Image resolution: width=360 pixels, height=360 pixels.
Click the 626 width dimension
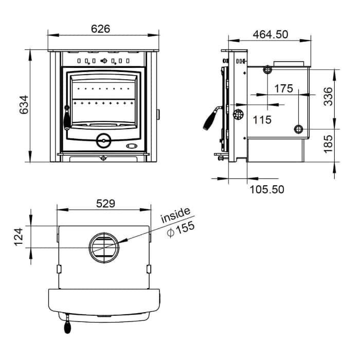(x=101, y=29)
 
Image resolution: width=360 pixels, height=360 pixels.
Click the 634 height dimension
(x=24, y=105)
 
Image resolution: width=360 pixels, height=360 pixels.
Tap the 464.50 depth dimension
(x=271, y=34)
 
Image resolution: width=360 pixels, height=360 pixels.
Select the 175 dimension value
(x=284, y=88)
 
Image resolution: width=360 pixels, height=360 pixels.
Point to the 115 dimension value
(x=262, y=120)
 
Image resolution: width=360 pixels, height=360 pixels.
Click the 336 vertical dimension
(x=328, y=97)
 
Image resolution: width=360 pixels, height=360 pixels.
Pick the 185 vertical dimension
(x=328, y=144)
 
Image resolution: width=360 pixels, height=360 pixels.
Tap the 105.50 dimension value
(x=267, y=190)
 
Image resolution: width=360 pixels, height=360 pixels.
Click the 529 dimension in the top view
(x=105, y=204)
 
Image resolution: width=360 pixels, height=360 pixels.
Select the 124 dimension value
(x=19, y=237)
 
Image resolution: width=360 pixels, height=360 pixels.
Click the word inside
(x=175, y=215)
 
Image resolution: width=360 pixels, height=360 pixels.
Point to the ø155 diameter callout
(x=181, y=229)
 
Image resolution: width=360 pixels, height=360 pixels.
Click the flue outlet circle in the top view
(x=104, y=248)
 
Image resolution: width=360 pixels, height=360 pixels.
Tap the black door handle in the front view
(x=67, y=118)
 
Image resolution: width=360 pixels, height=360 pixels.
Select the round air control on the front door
(x=103, y=140)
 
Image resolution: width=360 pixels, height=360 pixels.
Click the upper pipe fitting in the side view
(x=267, y=69)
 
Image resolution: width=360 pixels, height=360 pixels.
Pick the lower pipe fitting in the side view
(x=298, y=129)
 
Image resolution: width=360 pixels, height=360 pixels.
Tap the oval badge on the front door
(x=132, y=146)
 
